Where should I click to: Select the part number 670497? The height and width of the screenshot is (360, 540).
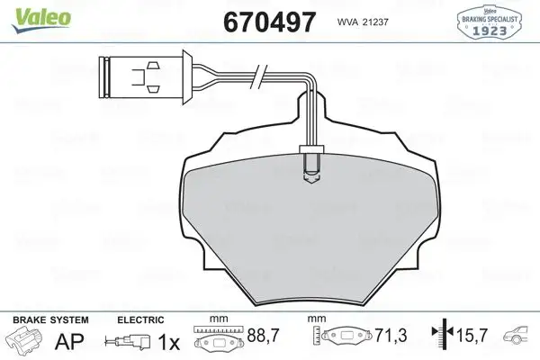coord(261,21)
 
